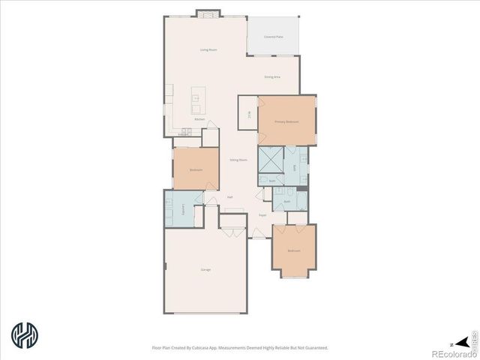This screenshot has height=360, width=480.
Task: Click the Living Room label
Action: pos(208,49)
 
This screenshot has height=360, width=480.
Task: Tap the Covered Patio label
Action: pos(273,36)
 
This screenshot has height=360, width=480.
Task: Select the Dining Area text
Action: pos(272,76)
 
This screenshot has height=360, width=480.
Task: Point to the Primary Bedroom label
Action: pos(286,121)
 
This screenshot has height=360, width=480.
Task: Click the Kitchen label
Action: pos(199,119)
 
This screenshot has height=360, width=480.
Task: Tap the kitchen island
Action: pos(196,96)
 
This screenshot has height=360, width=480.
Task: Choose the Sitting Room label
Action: pos(238,160)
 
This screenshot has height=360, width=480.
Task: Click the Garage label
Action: pos(205,269)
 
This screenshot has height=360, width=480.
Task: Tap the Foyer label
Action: pos(262,215)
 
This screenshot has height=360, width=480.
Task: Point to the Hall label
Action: pos(229,197)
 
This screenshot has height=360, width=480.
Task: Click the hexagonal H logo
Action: pos(24,334)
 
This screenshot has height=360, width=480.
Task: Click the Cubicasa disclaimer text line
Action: pos(240,347)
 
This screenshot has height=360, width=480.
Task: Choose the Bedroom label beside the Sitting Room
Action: pos(196,169)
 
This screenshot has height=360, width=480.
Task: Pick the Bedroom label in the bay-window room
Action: pos(294,250)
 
